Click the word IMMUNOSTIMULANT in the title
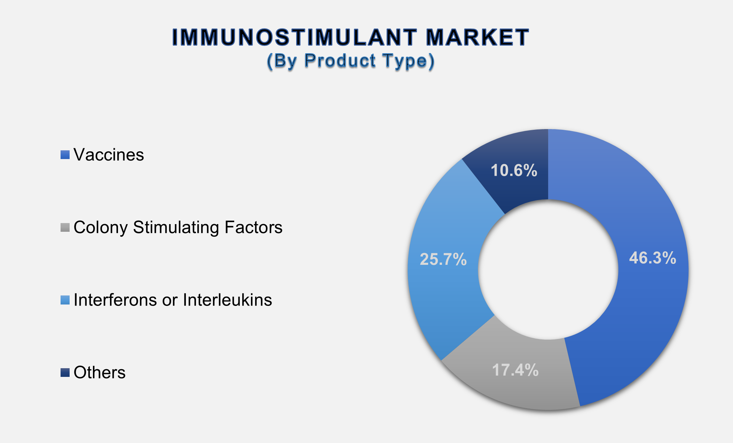click(x=294, y=37)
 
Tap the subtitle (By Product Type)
click(x=350, y=61)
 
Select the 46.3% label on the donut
click(x=652, y=258)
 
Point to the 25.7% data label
click(x=443, y=260)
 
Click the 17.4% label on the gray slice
click(x=515, y=370)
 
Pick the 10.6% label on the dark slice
click(x=514, y=171)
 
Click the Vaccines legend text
click(x=109, y=155)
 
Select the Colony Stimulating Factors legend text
click(x=178, y=228)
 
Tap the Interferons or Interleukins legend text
click(x=173, y=300)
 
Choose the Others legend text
click(x=100, y=373)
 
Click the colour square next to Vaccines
click(x=65, y=155)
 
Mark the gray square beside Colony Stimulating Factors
click(x=65, y=228)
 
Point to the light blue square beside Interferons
click(x=65, y=300)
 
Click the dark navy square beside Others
click(x=65, y=373)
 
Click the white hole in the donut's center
click(x=548, y=269)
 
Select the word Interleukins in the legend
click(x=227, y=300)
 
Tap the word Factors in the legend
click(x=253, y=228)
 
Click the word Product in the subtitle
click(x=340, y=61)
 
